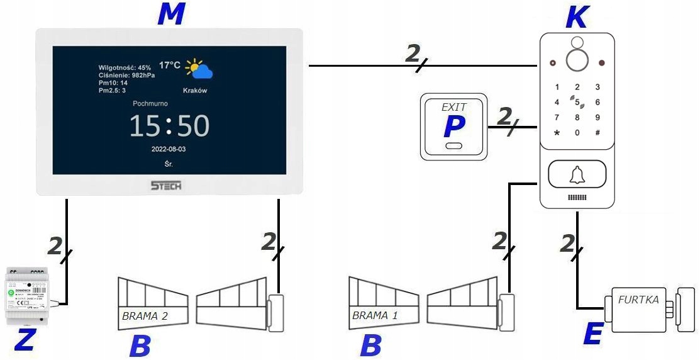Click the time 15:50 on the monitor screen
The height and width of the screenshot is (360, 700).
point(169,127)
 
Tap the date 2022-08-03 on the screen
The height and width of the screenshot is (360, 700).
point(168,150)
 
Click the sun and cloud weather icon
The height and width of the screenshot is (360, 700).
point(199,69)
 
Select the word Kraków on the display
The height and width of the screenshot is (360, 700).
point(195,91)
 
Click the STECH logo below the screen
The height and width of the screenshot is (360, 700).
point(166,186)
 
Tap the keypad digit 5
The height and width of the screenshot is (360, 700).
point(577,101)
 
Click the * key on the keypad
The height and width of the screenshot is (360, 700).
point(557,133)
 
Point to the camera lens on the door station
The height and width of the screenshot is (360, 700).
point(577,60)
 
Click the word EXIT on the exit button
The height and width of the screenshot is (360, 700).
point(453,107)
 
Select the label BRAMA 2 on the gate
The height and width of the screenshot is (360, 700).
point(145,315)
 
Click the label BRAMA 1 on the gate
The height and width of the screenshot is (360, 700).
point(375,315)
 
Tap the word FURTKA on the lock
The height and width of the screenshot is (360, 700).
point(638,300)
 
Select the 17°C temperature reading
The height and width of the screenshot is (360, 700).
point(169,65)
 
